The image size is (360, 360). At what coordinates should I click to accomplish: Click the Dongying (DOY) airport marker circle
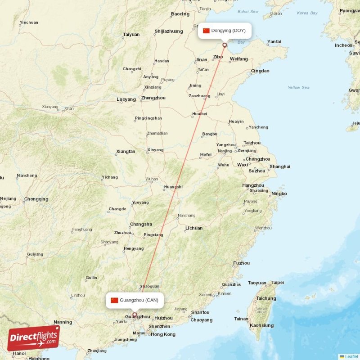tap(225, 45)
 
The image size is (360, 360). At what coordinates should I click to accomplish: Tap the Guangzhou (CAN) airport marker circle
tap(134, 315)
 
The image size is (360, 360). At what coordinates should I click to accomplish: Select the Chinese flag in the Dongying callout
tap(206, 31)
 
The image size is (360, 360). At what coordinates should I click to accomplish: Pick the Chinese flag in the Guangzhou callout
tap(114, 300)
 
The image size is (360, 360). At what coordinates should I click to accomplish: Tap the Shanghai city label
tap(279, 166)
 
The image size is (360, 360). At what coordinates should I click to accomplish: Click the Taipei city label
tap(278, 283)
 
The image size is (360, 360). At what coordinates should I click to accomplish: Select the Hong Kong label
tap(163, 334)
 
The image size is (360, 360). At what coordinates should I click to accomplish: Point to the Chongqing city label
tap(36, 199)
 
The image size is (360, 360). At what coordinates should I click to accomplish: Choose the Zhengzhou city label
tap(153, 98)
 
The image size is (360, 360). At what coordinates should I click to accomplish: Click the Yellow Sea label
tap(298, 87)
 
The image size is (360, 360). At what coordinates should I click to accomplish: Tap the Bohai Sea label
tap(247, 11)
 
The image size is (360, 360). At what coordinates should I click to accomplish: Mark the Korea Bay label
tap(307, 13)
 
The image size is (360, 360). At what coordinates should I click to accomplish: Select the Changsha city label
tap(141, 224)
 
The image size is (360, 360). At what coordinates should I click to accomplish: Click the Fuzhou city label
tap(241, 263)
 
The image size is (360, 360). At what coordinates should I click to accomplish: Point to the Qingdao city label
tap(260, 71)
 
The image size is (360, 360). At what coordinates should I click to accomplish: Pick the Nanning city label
tap(63, 322)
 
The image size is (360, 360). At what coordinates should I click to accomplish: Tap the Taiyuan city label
tap(131, 34)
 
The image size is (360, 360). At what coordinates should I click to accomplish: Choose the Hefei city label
tap(206, 155)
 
